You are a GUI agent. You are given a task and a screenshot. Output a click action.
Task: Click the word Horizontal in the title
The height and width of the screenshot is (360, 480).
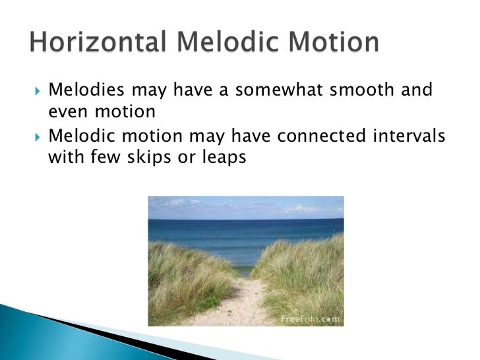point(95,43)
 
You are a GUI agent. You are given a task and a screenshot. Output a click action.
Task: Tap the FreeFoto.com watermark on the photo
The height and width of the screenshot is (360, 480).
point(310,318)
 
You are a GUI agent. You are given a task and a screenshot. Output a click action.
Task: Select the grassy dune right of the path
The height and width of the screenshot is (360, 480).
point(303,277)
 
